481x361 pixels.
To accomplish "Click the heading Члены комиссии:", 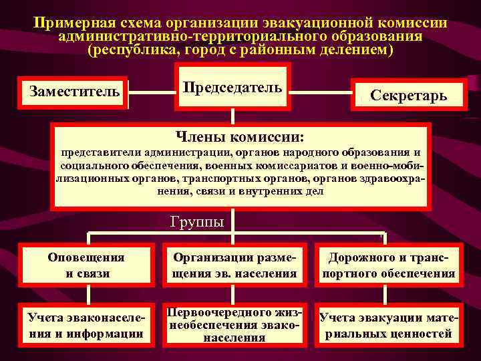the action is (x=240, y=137).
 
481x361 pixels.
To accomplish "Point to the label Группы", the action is (x=197, y=222).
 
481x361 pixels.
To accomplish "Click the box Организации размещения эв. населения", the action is (x=234, y=265).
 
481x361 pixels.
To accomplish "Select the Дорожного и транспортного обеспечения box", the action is (x=389, y=265).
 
